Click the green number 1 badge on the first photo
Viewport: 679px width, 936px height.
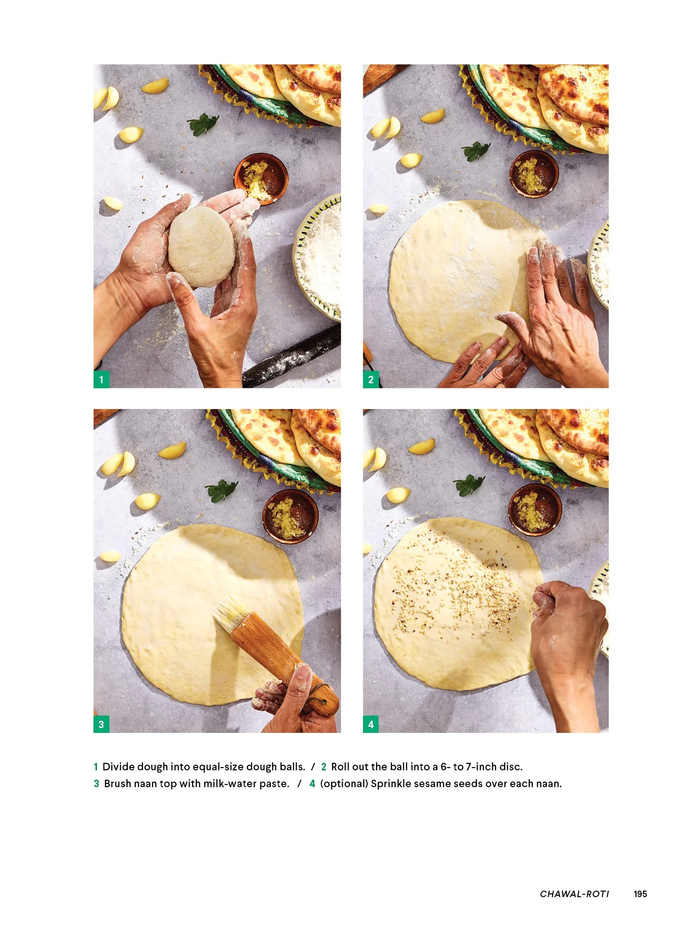[101, 380]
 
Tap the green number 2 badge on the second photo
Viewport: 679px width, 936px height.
[371, 380]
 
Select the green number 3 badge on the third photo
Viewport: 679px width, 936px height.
[101, 724]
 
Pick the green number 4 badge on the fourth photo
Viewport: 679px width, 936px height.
[371, 724]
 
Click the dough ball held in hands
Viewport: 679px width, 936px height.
[201, 246]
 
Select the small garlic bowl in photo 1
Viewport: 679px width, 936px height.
[261, 178]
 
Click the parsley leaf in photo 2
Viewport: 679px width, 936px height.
[476, 151]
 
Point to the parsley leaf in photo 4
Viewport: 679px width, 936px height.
[469, 484]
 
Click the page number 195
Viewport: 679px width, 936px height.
[640, 894]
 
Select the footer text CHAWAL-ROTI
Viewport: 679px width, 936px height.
[574, 894]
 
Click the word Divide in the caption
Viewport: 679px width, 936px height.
[118, 767]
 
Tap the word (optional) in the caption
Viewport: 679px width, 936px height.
[344, 783]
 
